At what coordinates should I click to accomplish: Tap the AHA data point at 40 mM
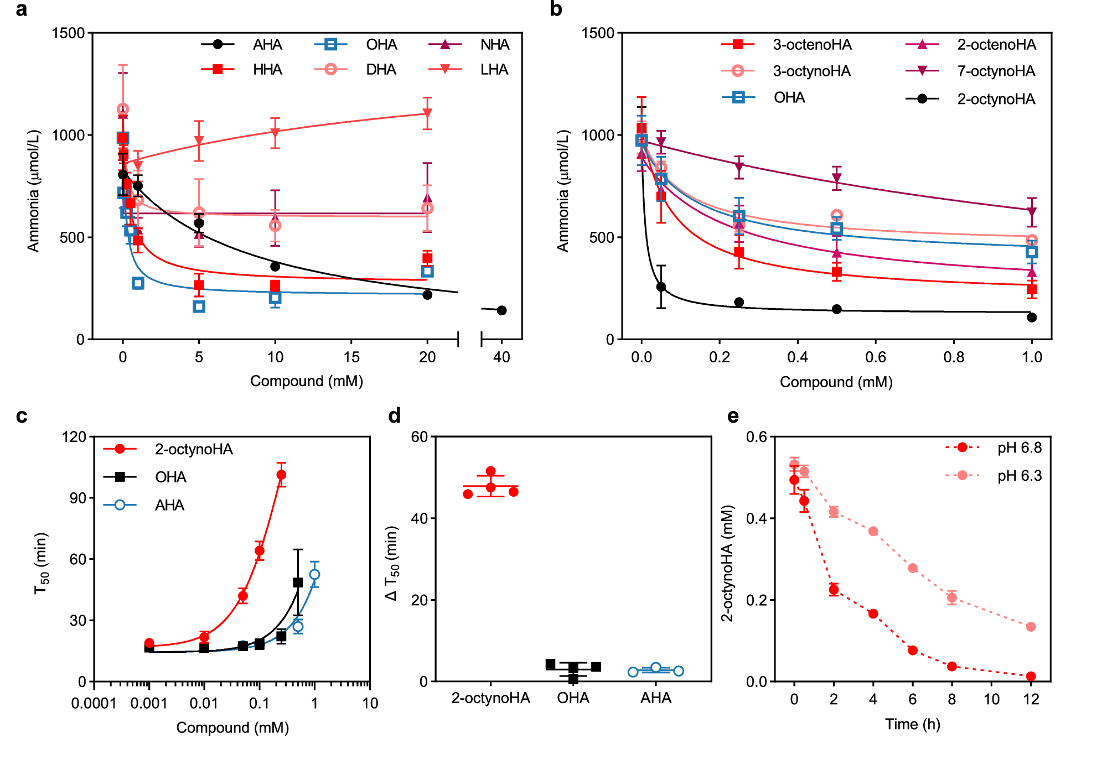501,310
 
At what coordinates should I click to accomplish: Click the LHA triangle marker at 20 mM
427,113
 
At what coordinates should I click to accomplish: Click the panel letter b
556,9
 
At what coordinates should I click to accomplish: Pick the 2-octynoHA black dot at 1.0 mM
1032,318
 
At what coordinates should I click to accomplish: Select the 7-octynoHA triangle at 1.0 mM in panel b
1032,212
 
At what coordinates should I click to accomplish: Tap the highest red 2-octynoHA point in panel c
281,475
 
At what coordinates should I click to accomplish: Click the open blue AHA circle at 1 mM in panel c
314,575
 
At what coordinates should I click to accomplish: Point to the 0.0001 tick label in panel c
94,704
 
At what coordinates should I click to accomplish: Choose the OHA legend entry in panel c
170,477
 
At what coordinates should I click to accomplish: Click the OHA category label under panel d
573,698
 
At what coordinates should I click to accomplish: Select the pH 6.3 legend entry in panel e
1019,476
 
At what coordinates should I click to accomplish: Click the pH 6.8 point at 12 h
1031,676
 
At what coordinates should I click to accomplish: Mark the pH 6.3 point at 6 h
913,568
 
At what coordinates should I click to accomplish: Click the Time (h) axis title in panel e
912,724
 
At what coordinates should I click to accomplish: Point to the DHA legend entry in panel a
380,70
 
